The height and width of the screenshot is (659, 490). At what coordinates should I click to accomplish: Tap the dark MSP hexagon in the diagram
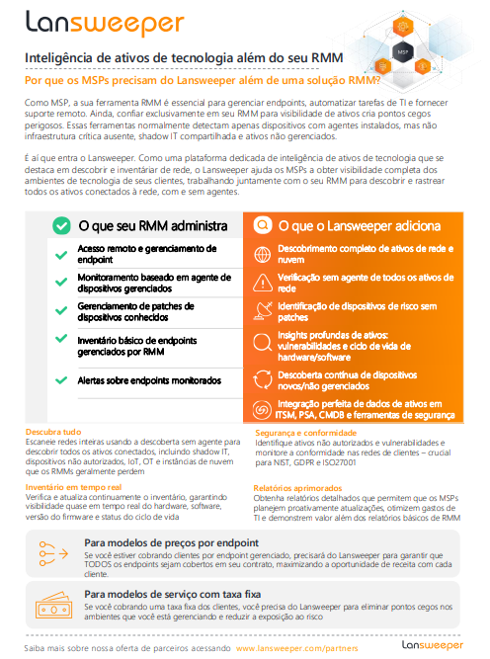coord(401,48)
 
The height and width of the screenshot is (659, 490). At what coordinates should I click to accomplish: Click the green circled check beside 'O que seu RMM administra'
coord(60,225)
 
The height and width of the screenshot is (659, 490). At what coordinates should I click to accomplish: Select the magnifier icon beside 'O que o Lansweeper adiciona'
coord(262,225)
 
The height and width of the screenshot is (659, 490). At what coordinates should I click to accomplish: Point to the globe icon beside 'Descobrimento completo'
coord(263,255)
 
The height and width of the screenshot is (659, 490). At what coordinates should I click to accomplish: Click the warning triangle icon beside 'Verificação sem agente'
coord(263,285)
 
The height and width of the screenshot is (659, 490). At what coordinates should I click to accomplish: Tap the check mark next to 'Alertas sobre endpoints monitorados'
coord(61,379)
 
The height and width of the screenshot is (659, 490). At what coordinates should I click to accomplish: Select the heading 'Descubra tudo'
coord(53,431)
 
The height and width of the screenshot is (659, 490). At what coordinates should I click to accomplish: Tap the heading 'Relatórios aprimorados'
coord(295,488)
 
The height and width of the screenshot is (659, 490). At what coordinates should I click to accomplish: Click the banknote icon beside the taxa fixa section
coord(54,605)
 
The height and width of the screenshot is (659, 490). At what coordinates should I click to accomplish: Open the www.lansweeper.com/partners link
coord(296,647)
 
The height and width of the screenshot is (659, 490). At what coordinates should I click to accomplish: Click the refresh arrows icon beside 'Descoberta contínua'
coord(263,378)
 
